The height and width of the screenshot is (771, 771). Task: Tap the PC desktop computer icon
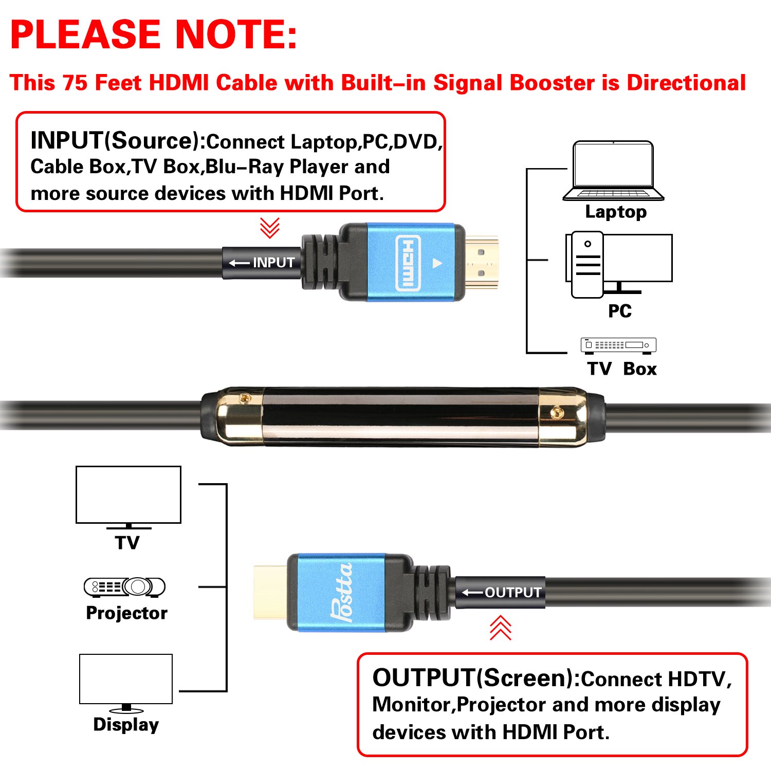tap(618, 264)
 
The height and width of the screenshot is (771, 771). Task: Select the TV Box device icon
tap(618, 345)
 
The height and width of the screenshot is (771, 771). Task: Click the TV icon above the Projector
tap(128, 497)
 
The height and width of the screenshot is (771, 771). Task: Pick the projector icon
tap(124, 587)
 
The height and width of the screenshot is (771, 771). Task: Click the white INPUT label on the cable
tap(262, 263)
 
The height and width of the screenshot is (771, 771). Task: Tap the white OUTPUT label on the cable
tap(502, 593)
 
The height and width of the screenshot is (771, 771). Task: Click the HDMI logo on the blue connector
tap(408, 263)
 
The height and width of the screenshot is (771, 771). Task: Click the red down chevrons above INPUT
tap(269, 228)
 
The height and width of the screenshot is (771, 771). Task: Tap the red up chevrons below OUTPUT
tap(500, 628)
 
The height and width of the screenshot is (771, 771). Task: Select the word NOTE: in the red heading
tap(236, 34)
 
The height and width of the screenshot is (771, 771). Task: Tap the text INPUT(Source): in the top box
tap(118, 141)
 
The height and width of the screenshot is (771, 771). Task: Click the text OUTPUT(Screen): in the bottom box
tap(476, 678)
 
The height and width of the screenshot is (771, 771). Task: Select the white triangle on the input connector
tap(437, 263)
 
